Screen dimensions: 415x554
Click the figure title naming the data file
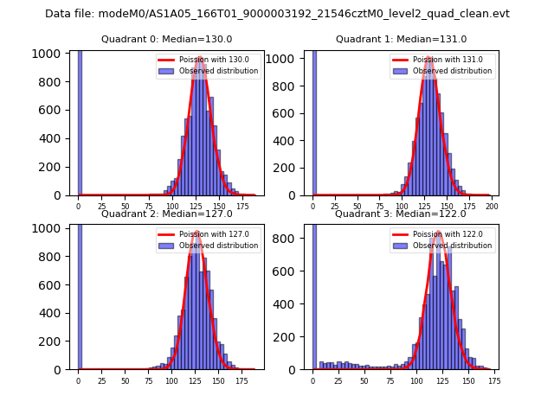pos(277,14)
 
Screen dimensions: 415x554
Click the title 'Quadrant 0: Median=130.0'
pos(167,39)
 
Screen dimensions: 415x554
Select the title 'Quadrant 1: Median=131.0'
pos(401,39)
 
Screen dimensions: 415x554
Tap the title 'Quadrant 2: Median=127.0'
pos(167,214)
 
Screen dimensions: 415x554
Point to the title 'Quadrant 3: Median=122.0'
pos(401,214)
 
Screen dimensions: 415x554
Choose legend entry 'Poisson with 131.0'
pos(442,60)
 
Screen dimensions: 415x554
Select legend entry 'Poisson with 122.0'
pos(442,233)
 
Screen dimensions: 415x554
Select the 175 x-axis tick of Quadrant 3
pos(493,381)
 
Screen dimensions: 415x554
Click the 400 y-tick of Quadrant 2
pos(53,312)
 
